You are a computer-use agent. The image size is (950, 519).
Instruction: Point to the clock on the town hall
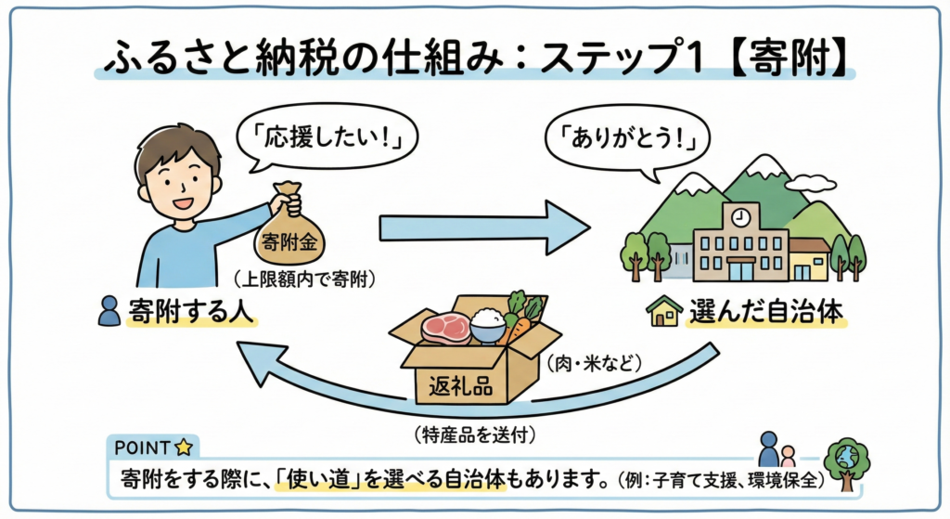pos(739,217)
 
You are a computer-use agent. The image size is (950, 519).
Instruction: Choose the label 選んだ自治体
pos(766,314)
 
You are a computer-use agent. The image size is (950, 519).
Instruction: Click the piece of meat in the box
pos(445,327)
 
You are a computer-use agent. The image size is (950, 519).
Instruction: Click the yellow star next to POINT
pos(184,447)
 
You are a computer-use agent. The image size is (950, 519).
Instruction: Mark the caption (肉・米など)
pos(599,363)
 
